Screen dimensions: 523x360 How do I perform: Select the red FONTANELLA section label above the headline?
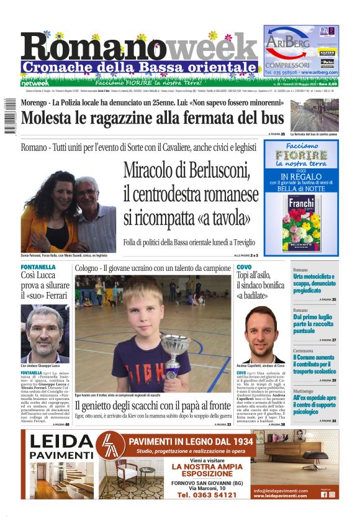[38, 267]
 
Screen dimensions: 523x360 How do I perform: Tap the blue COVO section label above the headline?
[244, 267]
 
